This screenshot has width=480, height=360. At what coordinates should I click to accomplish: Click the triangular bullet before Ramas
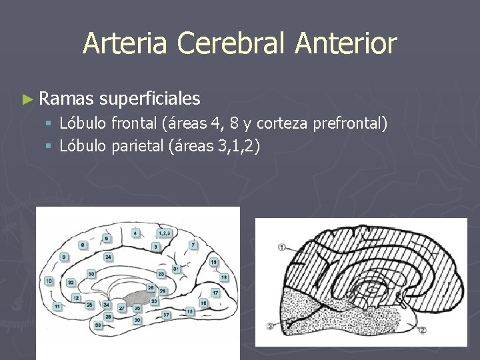[27, 100]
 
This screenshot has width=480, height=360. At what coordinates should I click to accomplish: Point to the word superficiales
[150, 99]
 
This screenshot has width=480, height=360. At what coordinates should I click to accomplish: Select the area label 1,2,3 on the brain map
[165, 233]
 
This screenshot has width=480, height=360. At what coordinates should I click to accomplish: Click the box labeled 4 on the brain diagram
[136, 233]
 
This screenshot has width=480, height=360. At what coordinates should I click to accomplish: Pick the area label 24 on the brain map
[108, 256]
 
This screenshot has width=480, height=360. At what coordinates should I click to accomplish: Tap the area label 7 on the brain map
[193, 245]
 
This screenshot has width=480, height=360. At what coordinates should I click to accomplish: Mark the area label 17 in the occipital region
[215, 292]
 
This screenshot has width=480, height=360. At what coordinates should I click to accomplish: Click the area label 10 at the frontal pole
[49, 281]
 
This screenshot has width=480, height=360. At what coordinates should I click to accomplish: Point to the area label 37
[166, 313]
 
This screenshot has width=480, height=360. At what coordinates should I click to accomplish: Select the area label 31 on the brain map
[175, 268]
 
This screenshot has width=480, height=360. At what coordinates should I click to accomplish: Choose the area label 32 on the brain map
[71, 282]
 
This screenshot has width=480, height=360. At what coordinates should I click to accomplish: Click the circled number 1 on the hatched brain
[283, 247]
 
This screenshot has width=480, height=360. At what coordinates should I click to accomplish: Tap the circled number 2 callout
[422, 330]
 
